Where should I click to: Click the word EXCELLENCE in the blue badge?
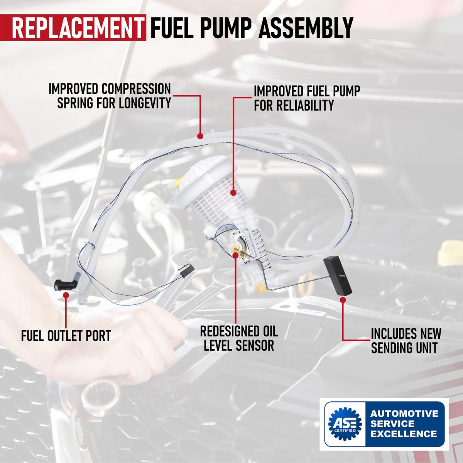point(404,434)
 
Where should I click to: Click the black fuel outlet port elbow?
point(64,285)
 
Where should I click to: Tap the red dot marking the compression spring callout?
point(200,136)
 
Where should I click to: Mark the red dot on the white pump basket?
point(233,192)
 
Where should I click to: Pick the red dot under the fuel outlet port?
point(66,295)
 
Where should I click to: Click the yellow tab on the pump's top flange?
point(179,181)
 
